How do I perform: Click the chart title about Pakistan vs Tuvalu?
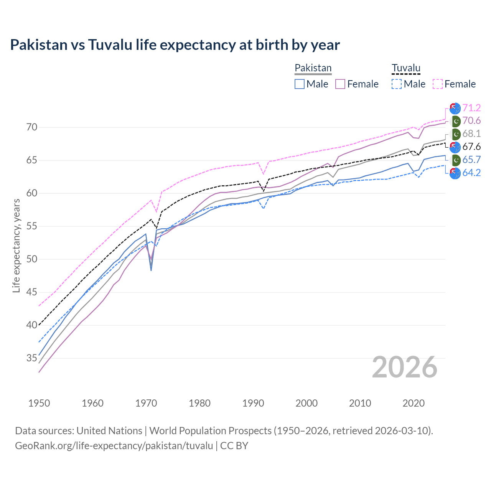click(175, 45)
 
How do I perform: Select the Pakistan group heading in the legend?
click(313, 68)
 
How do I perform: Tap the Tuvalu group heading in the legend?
click(406, 68)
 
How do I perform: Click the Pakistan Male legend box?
click(300, 84)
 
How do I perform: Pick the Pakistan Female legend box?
click(340, 84)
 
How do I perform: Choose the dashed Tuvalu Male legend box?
click(397, 84)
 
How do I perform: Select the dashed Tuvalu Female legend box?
click(438, 84)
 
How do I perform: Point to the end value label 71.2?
click(471, 108)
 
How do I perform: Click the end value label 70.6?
click(471, 121)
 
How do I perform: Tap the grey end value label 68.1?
click(471, 134)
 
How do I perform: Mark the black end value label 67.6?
click(471, 147)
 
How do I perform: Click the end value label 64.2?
click(471, 173)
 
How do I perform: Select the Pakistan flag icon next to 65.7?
click(455, 160)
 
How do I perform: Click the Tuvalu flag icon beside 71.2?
click(455, 108)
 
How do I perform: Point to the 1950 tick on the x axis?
click(39, 403)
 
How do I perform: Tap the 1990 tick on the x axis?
click(253, 403)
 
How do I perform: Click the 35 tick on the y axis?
click(32, 358)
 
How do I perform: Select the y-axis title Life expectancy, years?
click(16, 245)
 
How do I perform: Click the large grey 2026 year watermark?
click(405, 367)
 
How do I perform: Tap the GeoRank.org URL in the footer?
click(114, 446)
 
